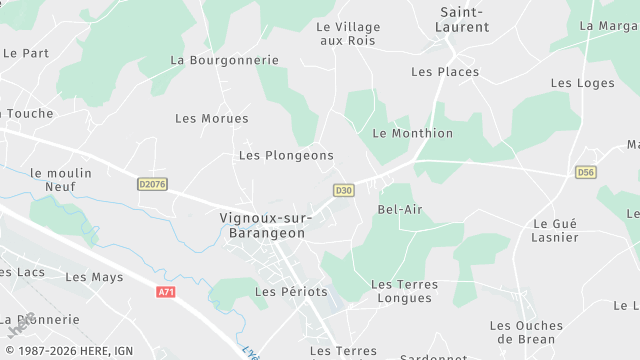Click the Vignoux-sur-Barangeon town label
[265, 225]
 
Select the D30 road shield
[344, 190]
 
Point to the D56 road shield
[586, 173]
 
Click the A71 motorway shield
[166, 292]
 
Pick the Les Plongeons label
[286, 156]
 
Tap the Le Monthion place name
[412, 133]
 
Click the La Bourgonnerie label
[225, 60]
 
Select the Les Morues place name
[212, 119]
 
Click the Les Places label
[445, 72]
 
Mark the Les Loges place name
[582, 83]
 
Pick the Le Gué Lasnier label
[556, 231]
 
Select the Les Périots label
[291, 292]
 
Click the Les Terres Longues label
[404, 291]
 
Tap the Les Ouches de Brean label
[526, 332]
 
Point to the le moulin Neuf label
[60, 179]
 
